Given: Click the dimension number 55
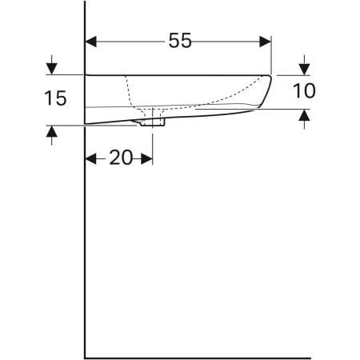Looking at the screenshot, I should (180, 41).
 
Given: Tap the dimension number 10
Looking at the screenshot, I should (304, 91).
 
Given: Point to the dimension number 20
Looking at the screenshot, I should (120, 158).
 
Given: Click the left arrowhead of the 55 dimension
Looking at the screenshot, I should (90, 41).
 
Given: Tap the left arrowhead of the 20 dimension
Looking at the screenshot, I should (90, 158).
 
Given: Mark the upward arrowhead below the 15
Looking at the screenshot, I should (52, 132).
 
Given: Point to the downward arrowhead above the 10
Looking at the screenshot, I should (304, 67).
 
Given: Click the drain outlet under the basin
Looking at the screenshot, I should (152, 122).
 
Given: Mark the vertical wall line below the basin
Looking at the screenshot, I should (85, 240).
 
